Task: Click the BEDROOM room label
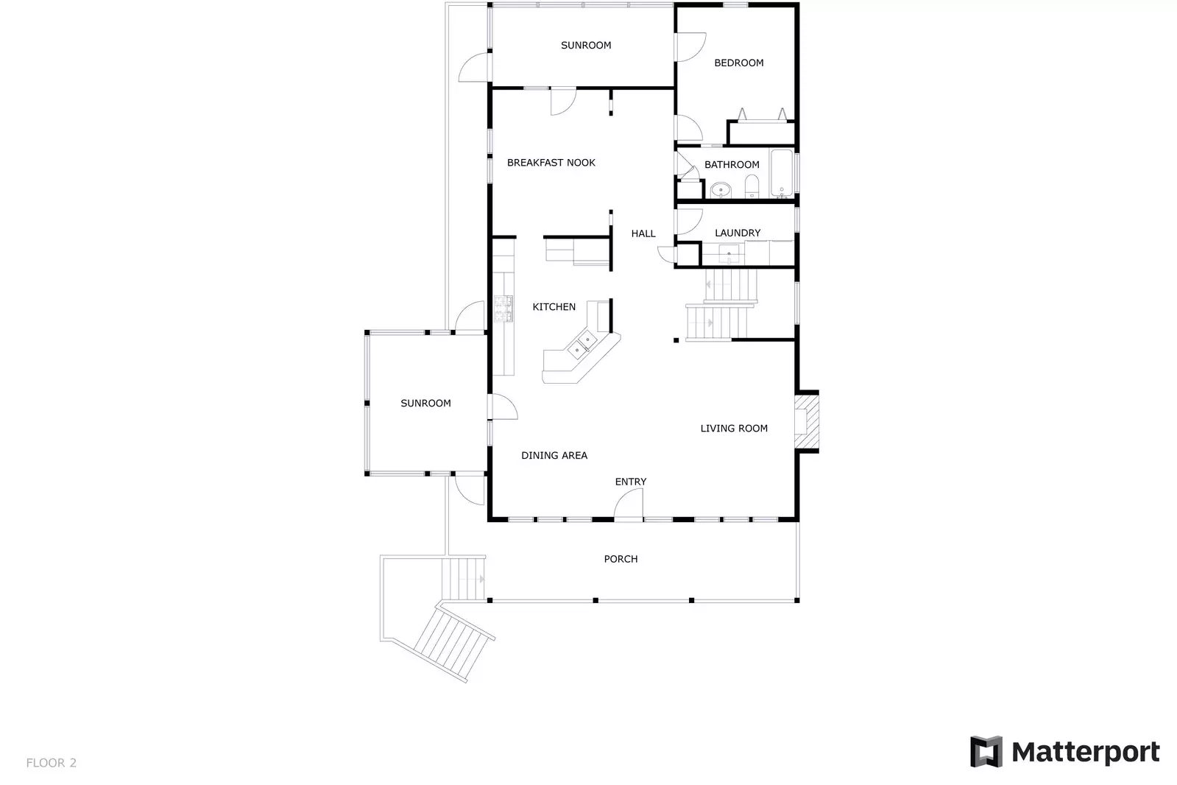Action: click(738, 63)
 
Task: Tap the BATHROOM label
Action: click(732, 165)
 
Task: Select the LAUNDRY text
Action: click(738, 233)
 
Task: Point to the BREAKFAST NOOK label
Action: click(551, 163)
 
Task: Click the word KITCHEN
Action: click(554, 307)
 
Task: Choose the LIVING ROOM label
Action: click(733, 429)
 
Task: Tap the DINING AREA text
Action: click(554, 456)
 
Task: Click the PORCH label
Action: click(621, 560)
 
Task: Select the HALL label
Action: click(643, 234)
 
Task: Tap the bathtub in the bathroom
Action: click(782, 173)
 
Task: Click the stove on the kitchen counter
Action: click(503, 309)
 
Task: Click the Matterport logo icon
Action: click(986, 752)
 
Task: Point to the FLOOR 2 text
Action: click(51, 763)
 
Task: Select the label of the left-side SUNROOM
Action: click(425, 404)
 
